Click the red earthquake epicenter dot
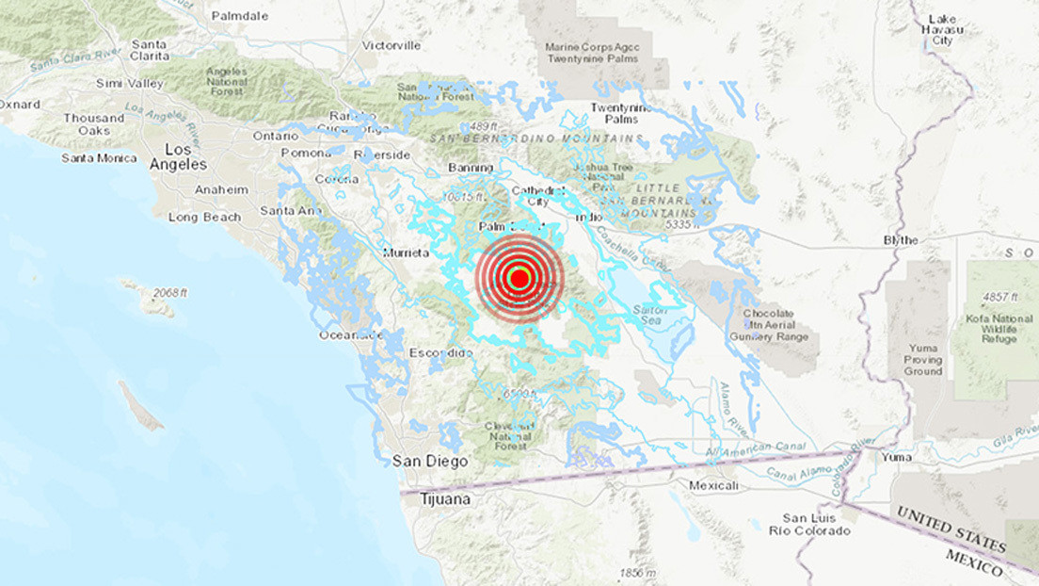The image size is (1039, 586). pyautogui.click(x=519, y=278)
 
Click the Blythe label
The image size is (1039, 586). pyautogui.click(x=900, y=240)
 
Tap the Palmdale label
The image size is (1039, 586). pyautogui.click(x=241, y=16)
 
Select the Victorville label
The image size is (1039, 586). pyautogui.click(x=392, y=45)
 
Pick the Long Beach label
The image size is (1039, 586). pyautogui.click(x=204, y=218)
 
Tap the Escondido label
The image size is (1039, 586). pyautogui.click(x=440, y=352)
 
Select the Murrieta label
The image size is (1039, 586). pyautogui.click(x=407, y=252)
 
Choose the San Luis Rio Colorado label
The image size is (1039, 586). pyautogui.click(x=817, y=525)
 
